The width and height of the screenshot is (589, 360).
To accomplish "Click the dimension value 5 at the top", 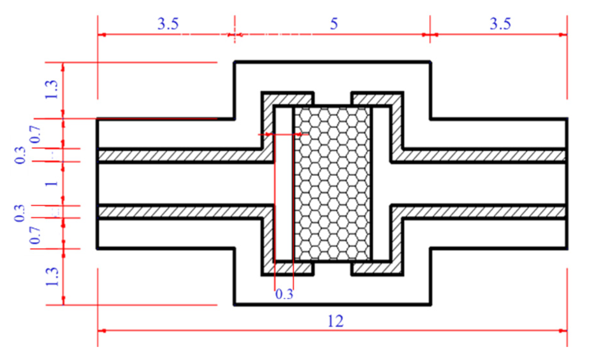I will (334, 24).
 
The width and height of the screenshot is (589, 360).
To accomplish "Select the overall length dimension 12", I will (335, 321).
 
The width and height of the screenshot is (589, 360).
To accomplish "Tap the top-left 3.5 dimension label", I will (168, 24).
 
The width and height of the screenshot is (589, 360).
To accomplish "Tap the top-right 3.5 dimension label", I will (500, 24).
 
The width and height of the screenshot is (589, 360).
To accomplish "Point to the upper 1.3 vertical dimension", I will (52, 90).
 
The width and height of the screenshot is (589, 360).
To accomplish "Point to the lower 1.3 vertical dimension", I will (52, 277).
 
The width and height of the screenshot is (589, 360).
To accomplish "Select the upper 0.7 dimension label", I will (36, 134).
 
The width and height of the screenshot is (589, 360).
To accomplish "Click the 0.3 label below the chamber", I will (284, 294).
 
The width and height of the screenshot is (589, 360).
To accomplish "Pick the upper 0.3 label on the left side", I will (20, 155).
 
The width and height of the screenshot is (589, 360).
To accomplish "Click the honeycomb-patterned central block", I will (332, 184).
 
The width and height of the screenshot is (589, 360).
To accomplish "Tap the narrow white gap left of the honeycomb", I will (284, 184).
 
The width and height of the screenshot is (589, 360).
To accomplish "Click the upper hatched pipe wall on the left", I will (181, 155).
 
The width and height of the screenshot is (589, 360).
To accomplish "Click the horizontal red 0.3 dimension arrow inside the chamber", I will (284, 134).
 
